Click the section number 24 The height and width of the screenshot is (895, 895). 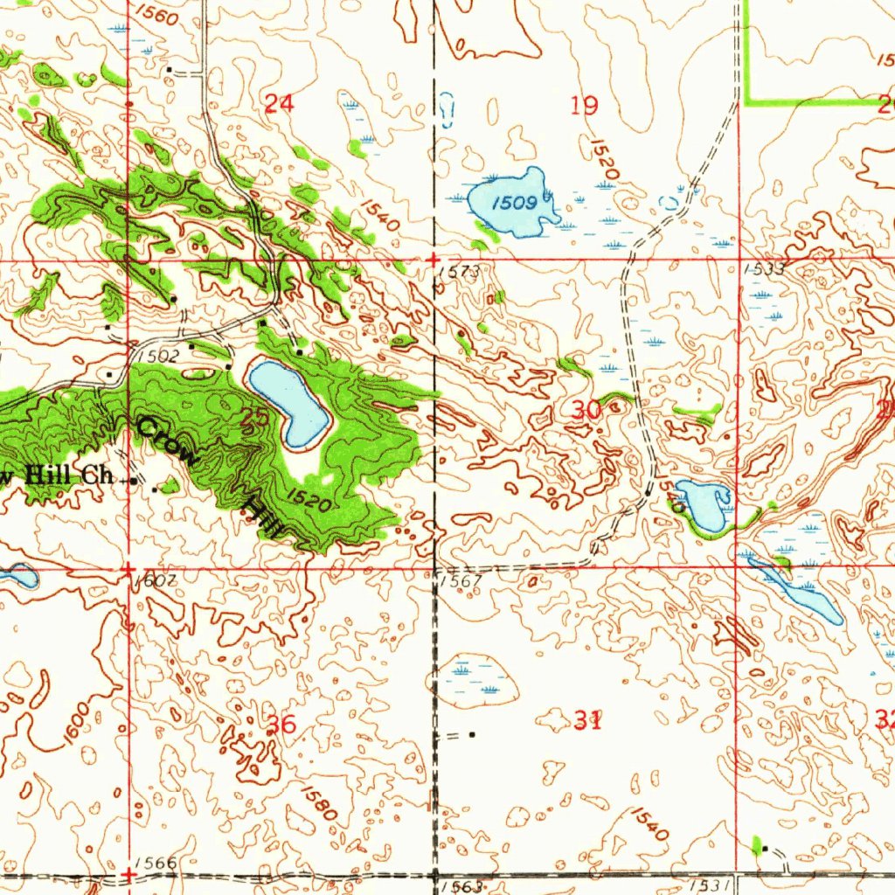pyautogui.click(x=279, y=104)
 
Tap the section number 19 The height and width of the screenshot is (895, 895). pyautogui.click(x=584, y=107)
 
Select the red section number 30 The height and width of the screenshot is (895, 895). pyautogui.click(x=587, y=408)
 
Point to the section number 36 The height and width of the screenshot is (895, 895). pyautogui.click(x=281, y=724)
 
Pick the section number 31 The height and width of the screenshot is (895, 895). pyautogui.click(x=587, y=720)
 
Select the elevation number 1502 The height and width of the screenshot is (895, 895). pyautogui.click(x=158, y=356)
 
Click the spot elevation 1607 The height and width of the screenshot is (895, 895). pyautogui.click(x=156, y=580)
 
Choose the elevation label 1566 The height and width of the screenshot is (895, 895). pyautogui.click(x=156, y=863)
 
